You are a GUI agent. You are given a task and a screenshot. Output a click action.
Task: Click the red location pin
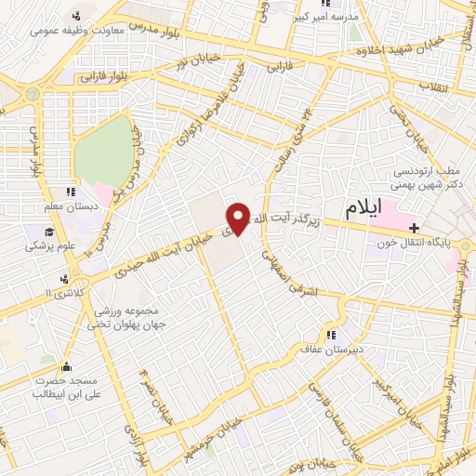coord(238,218)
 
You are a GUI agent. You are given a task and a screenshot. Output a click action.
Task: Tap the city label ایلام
coord(363,209)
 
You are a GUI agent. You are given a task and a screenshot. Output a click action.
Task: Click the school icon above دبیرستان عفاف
coord(329,336)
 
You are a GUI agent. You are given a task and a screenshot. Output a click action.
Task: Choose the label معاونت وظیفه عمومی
coord(70,30)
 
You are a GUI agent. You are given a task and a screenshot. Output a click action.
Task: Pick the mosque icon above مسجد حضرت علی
coord(65,364)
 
